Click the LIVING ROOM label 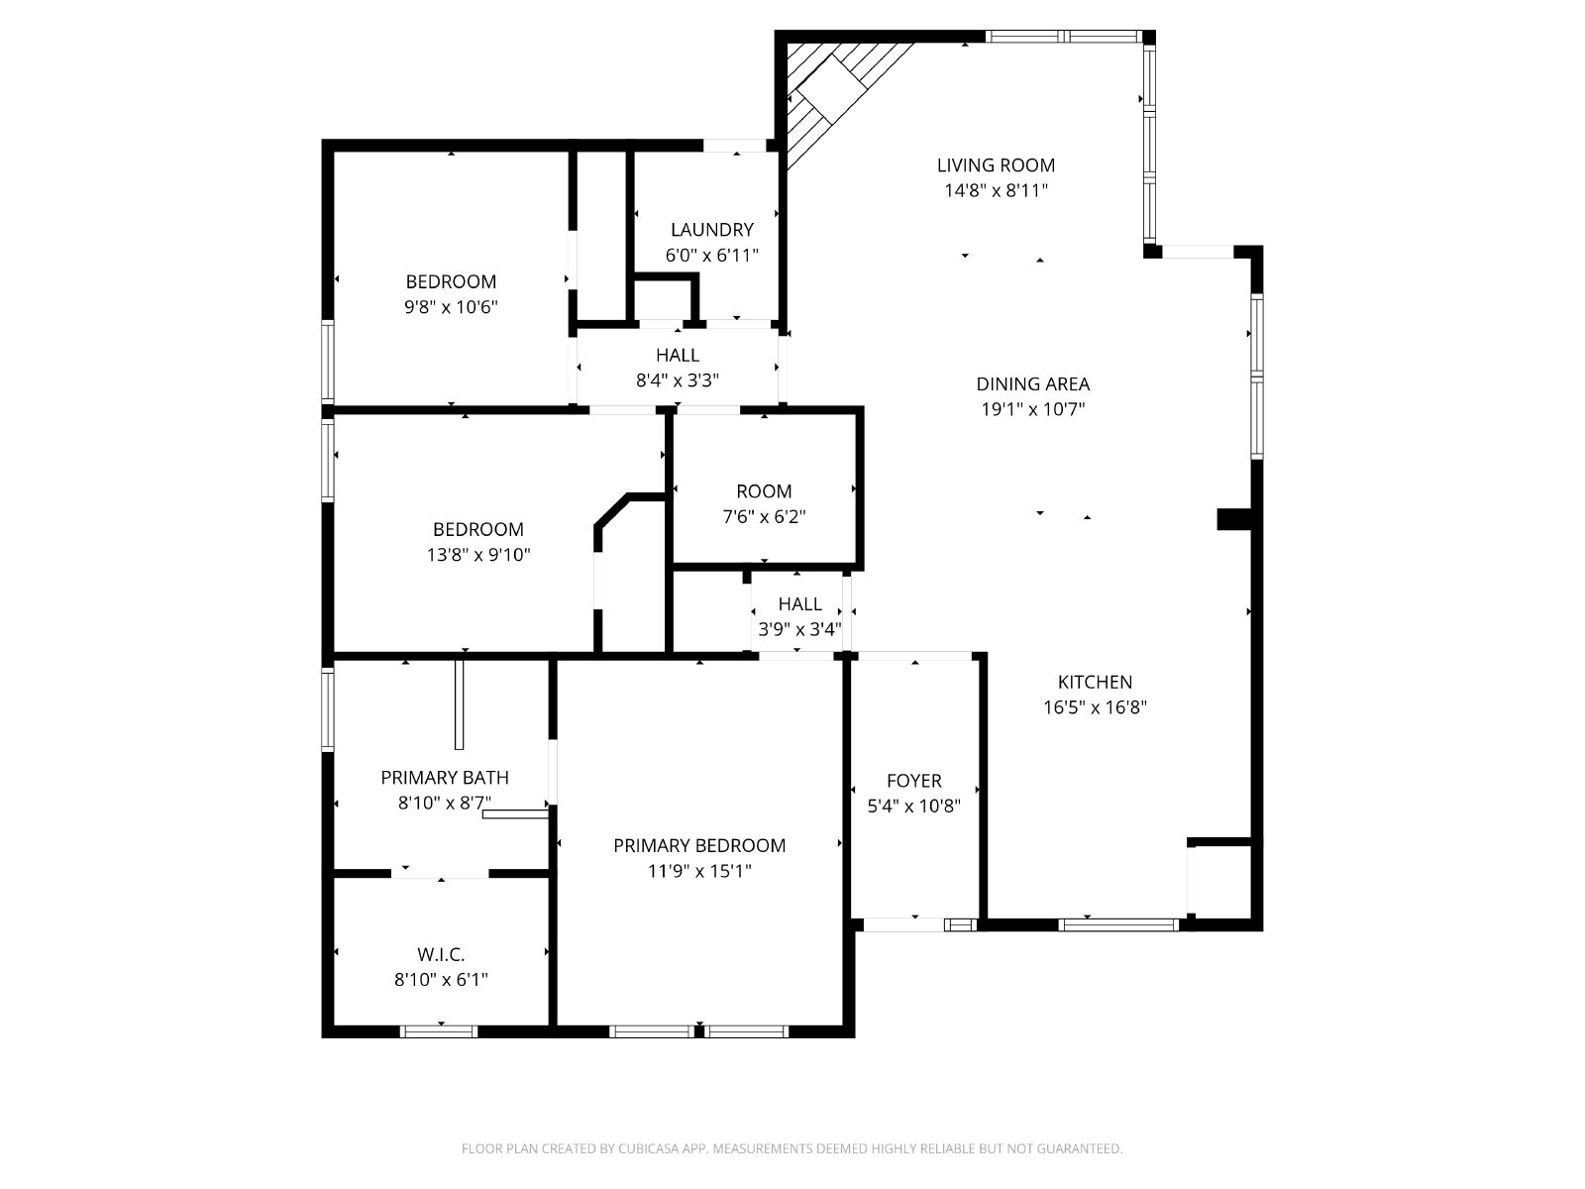[996, 165]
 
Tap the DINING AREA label [1032, 384]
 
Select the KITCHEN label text [1095, 682]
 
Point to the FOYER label [914, 781]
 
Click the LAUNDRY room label [712, 230]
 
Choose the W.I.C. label [441, 954]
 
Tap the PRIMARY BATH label [445, 778]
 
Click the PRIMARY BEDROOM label [699, 845]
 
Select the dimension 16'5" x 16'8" [1095, 707]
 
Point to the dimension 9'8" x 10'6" [452, 307]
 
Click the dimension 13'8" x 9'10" [478, 555]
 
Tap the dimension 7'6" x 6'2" [764, 517]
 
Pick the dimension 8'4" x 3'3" [678, 380]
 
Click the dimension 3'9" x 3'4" [800, 629]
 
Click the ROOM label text [764, 491]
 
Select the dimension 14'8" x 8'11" [996, 190]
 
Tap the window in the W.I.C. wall [439, 1031]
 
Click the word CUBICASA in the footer [647, 1147]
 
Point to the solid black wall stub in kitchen [1234, 520]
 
